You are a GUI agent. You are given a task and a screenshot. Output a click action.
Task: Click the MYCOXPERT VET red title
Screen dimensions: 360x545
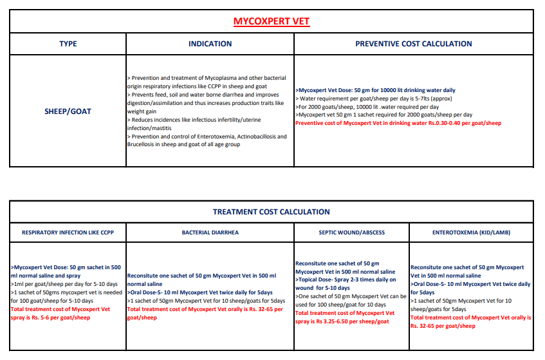(x=271, y=21)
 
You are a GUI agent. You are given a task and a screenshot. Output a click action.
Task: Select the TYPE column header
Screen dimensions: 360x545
(x=68, y=44)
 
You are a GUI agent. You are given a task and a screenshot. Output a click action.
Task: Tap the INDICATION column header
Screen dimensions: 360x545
(x=210, y=44)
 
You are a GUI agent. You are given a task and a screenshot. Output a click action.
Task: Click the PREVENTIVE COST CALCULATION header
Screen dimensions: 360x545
(x=413, y=44)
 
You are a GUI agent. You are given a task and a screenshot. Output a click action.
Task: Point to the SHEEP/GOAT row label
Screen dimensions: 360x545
(x=68, y=111)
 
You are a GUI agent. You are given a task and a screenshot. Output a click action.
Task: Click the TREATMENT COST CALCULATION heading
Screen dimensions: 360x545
(x=271, y=212)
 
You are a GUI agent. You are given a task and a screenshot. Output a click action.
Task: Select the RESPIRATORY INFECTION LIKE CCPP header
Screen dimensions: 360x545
(x=68, y=232)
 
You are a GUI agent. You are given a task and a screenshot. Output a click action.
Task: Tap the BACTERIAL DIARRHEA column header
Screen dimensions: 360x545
(x=210, y=232)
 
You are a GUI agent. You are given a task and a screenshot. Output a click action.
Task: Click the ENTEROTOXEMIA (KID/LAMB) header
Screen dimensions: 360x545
(x=471, y=232)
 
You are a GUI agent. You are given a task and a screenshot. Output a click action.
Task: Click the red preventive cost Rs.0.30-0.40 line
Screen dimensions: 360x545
(x=398, y=123)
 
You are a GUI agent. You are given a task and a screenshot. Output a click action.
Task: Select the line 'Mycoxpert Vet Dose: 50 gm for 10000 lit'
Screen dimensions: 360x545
(x=376, y=90)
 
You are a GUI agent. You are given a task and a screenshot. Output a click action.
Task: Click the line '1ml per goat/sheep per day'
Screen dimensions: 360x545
(x=64, y=284)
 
